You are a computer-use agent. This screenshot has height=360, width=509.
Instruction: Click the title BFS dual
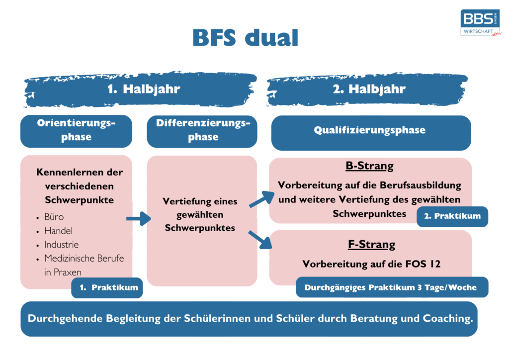[245, 38]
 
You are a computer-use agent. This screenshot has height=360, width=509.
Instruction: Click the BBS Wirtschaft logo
[480, 23]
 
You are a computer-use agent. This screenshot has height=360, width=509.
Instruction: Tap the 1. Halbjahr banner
[143, 90]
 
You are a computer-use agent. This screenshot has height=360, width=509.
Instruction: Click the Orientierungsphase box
[76, 130]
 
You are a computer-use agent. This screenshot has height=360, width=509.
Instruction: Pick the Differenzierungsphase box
[203, 130]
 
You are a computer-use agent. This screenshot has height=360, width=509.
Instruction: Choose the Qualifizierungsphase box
[370, 131]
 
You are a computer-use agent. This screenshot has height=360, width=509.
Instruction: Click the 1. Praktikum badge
[107, 287]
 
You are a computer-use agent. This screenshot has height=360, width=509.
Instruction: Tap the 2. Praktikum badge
[452, 216]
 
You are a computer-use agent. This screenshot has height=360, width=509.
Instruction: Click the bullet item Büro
[54, 217]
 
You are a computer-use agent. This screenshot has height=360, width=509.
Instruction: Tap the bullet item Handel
[58, 231]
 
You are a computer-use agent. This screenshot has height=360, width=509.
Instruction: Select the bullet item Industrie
[61, 245]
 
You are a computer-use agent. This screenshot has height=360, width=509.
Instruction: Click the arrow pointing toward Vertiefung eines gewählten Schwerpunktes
[138, 218]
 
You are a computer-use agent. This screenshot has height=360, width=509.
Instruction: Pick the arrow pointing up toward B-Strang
[261, 198]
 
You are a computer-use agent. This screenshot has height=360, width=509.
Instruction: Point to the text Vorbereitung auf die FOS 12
[371, 264]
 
